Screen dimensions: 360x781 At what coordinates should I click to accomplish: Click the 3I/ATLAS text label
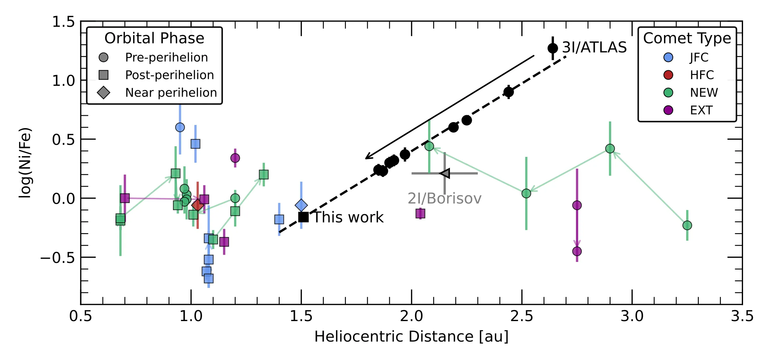[594, 47]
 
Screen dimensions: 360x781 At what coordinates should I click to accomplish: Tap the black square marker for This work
[303, 217]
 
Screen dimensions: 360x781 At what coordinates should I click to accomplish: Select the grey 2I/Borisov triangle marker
[445, 173]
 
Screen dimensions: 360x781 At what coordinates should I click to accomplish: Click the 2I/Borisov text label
[444, 199]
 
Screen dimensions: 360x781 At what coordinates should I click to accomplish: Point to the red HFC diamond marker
[198, 205]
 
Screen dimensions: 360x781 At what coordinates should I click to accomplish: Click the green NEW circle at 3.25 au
[687, 225]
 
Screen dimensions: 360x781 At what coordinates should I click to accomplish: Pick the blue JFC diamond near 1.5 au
[301, 205]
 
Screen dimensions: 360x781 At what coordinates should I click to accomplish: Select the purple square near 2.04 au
[420, 214]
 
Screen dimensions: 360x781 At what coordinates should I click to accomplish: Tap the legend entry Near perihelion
[171, 93]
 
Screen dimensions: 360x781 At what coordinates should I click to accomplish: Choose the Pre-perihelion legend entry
[166, 57]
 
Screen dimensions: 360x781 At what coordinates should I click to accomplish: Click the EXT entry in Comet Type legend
[701, 110]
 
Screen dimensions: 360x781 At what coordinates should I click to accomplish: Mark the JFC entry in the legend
[699, 57]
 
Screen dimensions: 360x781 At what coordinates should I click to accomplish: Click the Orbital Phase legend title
[154, 38]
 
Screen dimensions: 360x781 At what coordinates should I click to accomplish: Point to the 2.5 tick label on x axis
[522, 316]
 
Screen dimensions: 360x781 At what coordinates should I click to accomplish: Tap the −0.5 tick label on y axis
[58, 258]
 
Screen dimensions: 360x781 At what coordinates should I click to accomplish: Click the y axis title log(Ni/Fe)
[25, 163]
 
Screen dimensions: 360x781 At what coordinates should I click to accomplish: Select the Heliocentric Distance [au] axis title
[411, 337]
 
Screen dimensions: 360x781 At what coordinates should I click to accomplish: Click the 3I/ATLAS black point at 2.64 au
[553, 48]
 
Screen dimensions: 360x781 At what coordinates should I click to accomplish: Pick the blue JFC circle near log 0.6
[180, 127]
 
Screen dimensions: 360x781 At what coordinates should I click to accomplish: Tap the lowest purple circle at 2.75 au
[577, 251]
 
